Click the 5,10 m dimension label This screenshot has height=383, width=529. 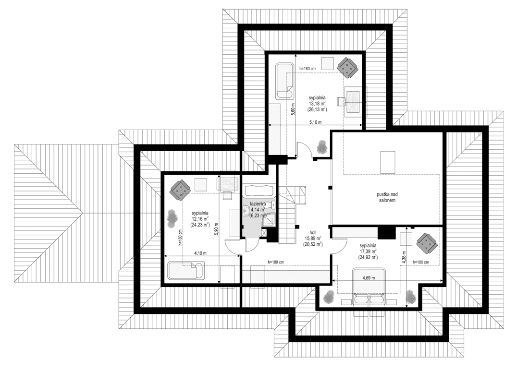pyautogui.click(x=316, y=122)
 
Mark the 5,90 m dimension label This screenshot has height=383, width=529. pyautogui.click(x=217, y=231)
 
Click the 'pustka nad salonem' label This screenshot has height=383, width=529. pyautogui.click(x=386, y=198)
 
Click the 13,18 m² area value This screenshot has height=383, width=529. pyautogui.click(x=318, y=103)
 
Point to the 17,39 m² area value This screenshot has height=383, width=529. pyautogui.click(x=368, y=251)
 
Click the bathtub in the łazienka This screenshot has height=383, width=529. pyautogui.click(x=258, y=191)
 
